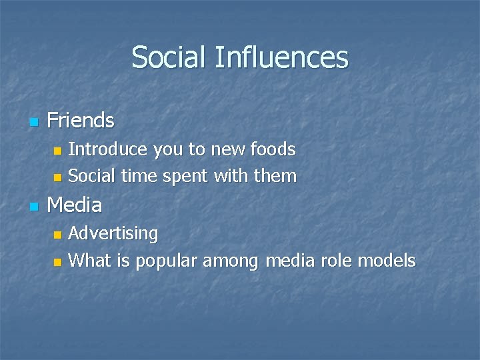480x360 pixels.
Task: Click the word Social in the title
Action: point(169,57)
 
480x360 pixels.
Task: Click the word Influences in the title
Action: point(281,57)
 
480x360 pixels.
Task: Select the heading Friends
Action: point(81,121)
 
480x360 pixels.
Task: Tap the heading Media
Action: point(75,205)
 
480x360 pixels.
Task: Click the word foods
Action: point(274,149)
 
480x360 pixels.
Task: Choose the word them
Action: point(276,176)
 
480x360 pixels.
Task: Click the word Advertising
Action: point(113,234)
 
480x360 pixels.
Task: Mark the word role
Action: point(335,261)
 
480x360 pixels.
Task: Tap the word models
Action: point(387,261)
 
